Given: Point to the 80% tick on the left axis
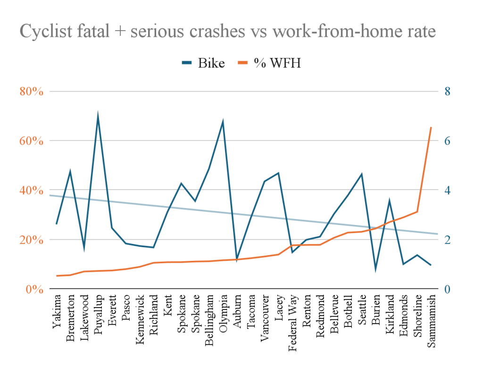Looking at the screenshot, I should (32, 91).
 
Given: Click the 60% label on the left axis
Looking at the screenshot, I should (32, 141).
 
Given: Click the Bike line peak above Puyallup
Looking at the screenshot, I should (98, 115).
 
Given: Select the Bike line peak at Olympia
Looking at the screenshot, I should (223, 122).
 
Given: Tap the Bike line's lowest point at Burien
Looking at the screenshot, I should (376, 269).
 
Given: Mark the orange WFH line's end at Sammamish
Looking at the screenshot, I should (431, 127).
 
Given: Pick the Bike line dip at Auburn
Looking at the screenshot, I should (237, 259).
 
